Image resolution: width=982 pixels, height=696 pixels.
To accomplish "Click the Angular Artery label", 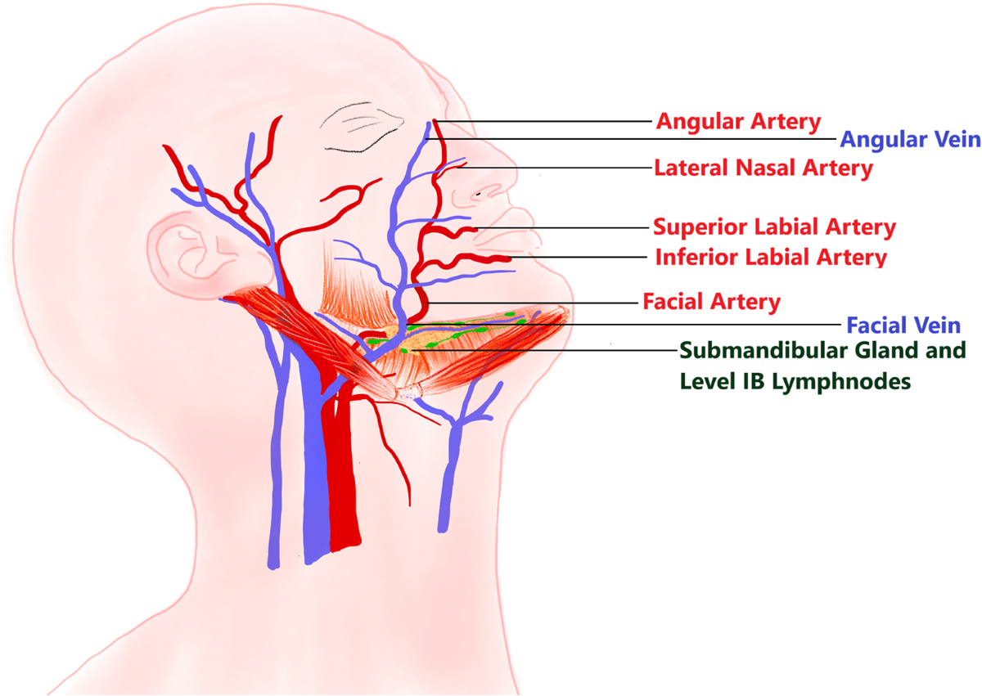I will pos(737,123).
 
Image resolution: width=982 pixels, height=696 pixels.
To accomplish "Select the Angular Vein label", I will pos(909,140).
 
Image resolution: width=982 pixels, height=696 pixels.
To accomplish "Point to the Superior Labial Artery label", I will pos(774,227).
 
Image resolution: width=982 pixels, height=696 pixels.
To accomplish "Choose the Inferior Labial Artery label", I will pos(771,258).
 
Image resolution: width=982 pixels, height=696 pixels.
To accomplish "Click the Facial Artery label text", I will pos(711,302).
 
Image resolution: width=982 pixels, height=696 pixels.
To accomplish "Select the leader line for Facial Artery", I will pos(532,303).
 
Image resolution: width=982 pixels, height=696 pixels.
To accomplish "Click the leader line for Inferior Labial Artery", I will pos(581,258).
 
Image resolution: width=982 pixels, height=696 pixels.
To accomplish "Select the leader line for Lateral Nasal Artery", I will pos(565,168).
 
